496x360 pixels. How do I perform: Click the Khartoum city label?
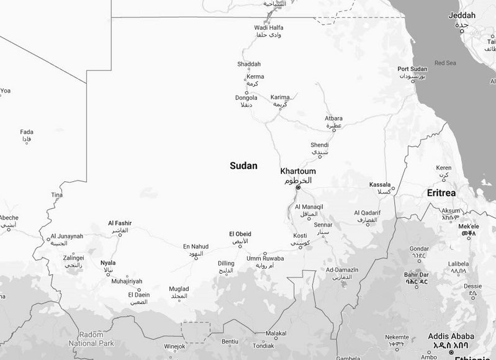[298, 171]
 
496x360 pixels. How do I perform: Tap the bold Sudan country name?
[243, 166]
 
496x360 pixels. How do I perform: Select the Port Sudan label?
[412, 69]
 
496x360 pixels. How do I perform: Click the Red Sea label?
[445, 63]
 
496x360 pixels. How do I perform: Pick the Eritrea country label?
[441, 194]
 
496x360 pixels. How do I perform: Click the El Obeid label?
[240, 234]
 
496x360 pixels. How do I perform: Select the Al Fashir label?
[120, 223]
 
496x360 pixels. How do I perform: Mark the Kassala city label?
[379, 185]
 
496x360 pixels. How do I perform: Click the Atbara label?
[334, 119]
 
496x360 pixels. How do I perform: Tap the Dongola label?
[246, 98]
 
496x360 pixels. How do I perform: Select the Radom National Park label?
[91, 339]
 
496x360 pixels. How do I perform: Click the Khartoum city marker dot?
[298, 187]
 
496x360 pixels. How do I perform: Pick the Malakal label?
[276, 333]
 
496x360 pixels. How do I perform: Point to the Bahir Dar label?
[416, 274]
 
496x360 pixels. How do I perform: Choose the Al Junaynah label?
[66, 236]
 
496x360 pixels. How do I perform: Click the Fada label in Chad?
[27, 132]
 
